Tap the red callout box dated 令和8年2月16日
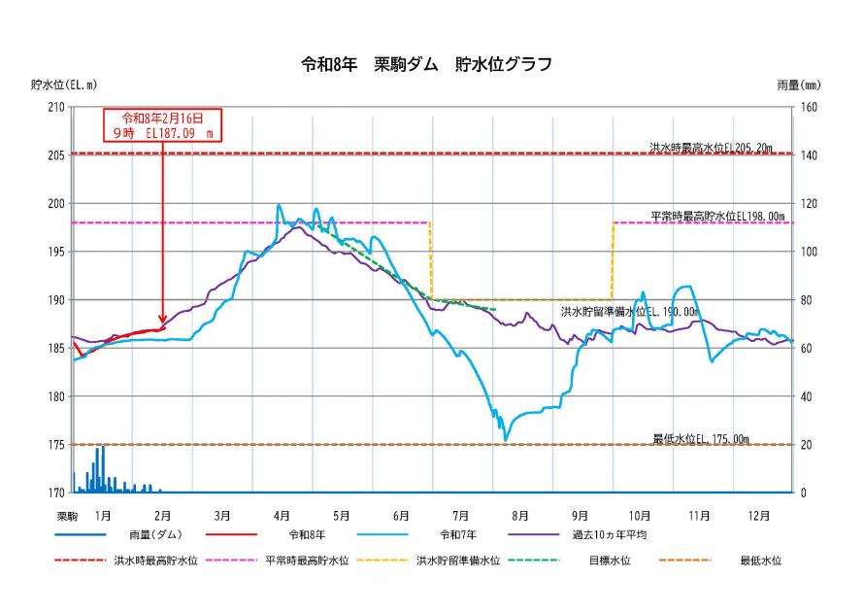(x=162, y=125)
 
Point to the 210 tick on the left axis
(x=55, y=107)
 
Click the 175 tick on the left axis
(x=55, y=445)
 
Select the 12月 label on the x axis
(x=759, y=515)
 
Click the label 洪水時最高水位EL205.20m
(x=711, y=148)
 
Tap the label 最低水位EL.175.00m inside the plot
(x=701, y=439)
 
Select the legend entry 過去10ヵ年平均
(x=609, y=534)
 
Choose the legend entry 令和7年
(x=460, y=534)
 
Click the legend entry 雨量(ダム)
(x=154, y=534)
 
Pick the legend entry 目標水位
(x=609, y=561)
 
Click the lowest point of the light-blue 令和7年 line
(x=505, y=440)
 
